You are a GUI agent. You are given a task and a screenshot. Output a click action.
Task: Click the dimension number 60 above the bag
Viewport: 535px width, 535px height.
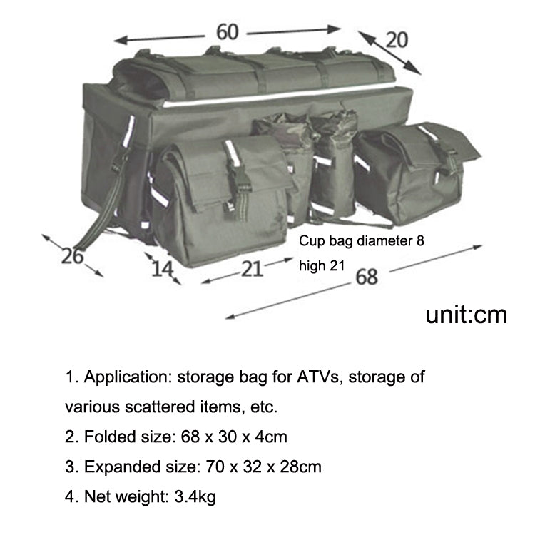(228, 32)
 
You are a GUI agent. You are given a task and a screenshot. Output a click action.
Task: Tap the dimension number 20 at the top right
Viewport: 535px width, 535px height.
(397, 39)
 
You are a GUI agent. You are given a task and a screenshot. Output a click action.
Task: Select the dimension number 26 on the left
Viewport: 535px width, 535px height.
(72, 255)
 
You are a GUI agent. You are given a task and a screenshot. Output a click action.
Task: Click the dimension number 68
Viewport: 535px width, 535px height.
(366, 276)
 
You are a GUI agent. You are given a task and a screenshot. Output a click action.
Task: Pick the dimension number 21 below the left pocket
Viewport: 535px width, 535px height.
(250, 268)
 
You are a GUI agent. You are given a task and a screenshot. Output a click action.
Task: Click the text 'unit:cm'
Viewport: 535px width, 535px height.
(466, 315)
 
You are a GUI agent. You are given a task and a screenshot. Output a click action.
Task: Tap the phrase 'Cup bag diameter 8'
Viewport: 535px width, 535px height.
(361, 241)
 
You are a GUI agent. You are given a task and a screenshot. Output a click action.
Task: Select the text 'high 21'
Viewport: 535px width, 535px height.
(322, 266)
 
